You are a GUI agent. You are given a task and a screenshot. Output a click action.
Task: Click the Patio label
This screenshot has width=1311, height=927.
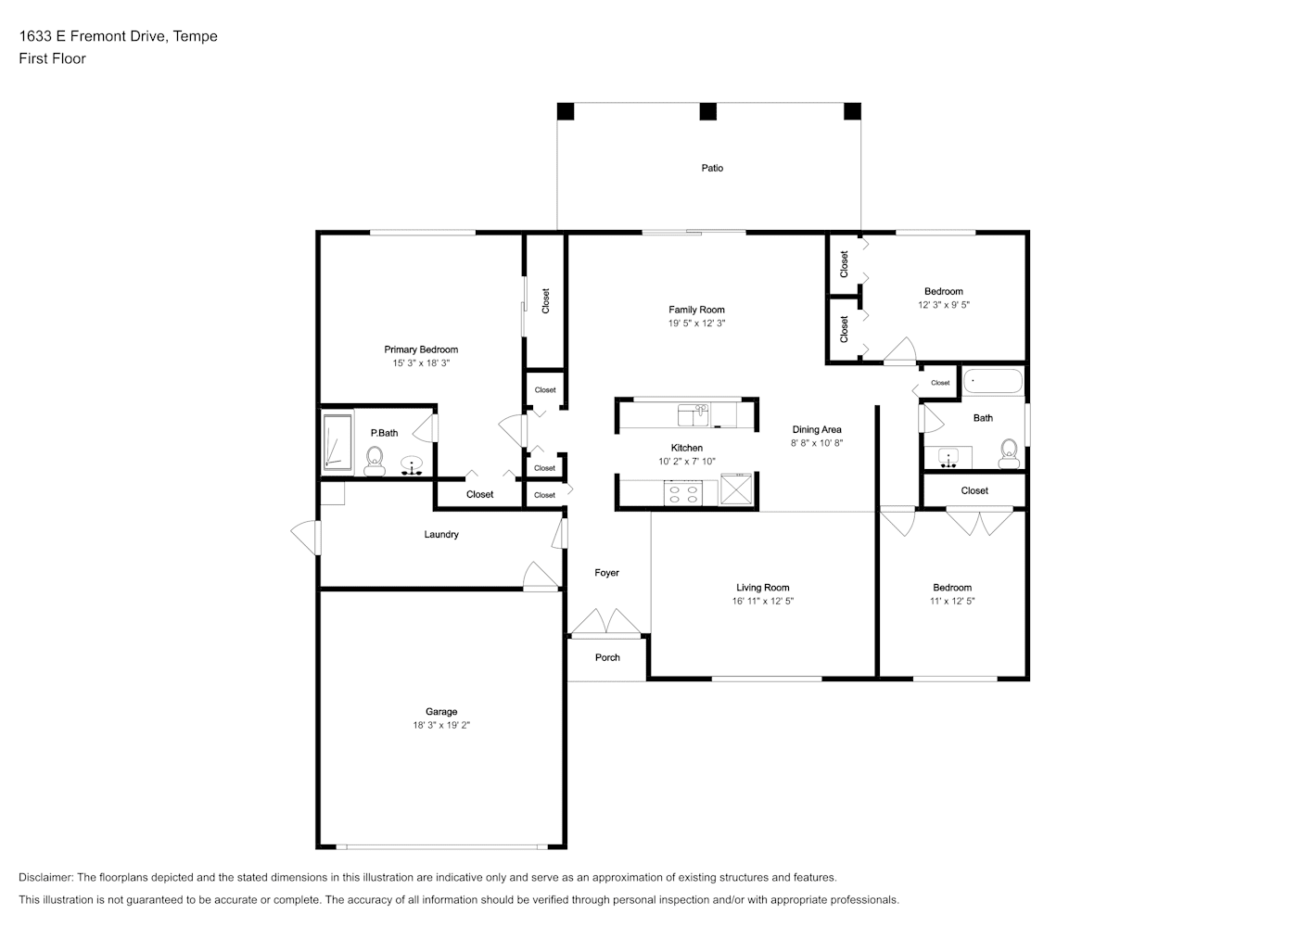[x=712, y=168]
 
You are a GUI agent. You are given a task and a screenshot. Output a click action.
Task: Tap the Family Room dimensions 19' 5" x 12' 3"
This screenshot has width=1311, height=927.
[x=696, y=323]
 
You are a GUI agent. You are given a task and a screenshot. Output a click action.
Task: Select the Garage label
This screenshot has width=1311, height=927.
[x=441, y=712]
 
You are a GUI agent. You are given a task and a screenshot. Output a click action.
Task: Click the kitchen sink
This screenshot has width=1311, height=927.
[x=694, y=415]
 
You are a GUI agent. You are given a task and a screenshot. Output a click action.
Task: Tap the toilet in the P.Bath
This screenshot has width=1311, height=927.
[x=375, y=461]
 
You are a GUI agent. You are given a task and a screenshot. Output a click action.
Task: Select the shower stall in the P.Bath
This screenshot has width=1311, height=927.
[x=337, y=442]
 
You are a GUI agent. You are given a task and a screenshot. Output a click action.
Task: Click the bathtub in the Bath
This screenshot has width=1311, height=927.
[x=993, y=381]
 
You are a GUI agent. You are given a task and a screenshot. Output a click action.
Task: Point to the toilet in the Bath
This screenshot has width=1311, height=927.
[x=1009, y=453]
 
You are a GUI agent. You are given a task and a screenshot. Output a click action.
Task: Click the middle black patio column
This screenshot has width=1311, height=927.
[x=708, y=111]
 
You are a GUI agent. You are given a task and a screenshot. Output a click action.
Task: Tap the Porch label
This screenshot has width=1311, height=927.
[x=607, y=657]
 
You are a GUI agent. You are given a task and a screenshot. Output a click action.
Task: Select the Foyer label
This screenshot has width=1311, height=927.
[x=607, y=573]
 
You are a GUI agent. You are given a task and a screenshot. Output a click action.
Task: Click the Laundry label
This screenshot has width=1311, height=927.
[x=441, y=534]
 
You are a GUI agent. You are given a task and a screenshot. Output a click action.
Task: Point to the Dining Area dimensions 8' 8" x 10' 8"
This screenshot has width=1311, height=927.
[x=817, y=443]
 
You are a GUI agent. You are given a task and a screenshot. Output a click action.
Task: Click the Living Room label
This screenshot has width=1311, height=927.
[x=763, y=588]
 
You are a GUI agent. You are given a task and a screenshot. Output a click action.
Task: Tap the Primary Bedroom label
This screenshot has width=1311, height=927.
[x=421, y=349]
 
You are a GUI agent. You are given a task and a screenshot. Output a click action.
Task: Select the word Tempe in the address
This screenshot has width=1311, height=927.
[x=196, y=36]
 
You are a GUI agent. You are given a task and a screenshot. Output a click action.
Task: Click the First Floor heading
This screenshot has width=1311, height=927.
[x=52, y=58]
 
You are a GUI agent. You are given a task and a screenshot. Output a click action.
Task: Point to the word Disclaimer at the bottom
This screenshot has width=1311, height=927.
[x=46, y=877]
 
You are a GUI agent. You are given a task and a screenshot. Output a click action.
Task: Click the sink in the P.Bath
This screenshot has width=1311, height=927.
[x=412, y=465]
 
